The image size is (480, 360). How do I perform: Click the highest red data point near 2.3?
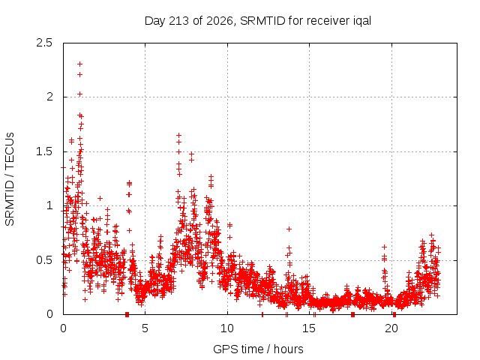click(x=80, y=64)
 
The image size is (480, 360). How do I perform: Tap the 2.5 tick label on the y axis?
click(x=44, y=43)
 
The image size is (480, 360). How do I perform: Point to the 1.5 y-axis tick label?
click(x=44, y=151)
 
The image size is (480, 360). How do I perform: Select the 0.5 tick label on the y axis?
click(x=44, y=260)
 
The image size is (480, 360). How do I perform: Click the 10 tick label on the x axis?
click(x=227, y=328)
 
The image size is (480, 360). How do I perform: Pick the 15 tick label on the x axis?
click(x=309, y=328)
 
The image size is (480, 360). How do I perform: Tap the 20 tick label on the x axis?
click(x=391, y=328)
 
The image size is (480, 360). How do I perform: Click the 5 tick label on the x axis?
click(x=145, y=328)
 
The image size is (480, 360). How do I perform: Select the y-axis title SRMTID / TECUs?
click(x=10, y=179)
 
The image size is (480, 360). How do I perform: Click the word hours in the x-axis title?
click(x=288, y=349)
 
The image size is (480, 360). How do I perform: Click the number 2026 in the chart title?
click(x=220, y=21)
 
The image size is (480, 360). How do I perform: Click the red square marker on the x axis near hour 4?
click(x=127, y=315)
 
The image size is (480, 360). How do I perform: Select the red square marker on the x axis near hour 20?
click(x=394, y=315)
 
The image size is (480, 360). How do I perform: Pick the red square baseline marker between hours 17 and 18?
click(x=353, y=315)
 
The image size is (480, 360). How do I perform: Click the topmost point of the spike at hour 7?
click(x=178, y=135)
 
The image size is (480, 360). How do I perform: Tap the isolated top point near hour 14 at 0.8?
click(x=289, y=229)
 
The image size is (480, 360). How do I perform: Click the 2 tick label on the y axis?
click(x=49, y=97)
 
